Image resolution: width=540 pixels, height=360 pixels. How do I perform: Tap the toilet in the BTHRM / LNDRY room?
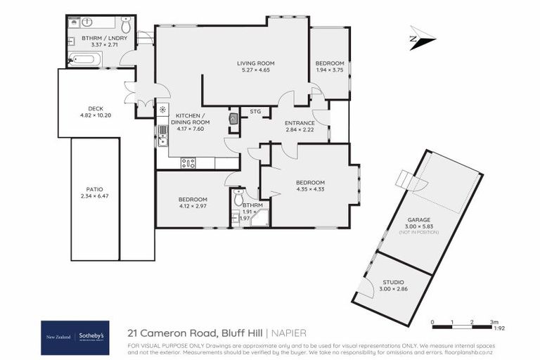[126, 23]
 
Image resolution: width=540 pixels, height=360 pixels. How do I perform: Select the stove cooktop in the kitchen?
[188, 163]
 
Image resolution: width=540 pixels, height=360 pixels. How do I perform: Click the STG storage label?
[255, 111]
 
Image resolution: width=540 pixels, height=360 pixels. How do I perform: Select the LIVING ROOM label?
[255, 63]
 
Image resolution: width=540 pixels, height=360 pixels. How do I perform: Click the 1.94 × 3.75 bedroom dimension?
[330, 70]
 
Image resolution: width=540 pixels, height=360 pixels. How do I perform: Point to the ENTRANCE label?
[300, 123]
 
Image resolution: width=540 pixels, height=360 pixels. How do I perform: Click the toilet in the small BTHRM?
[238, 194]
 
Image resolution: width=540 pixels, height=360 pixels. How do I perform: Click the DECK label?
[91, 108]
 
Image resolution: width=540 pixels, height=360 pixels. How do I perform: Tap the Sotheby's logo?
[91, 336]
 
